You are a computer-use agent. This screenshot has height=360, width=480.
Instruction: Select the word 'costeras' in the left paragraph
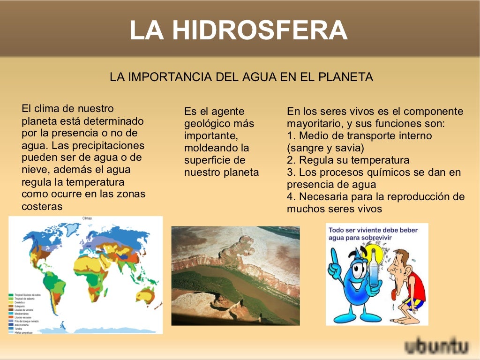[x=42, y=206]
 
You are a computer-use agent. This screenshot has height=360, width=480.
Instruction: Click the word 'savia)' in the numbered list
[x=347, y=148]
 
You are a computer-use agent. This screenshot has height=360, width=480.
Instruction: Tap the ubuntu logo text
[x=437, y=347]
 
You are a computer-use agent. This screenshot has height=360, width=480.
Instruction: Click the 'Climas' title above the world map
[x=87, y=218]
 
